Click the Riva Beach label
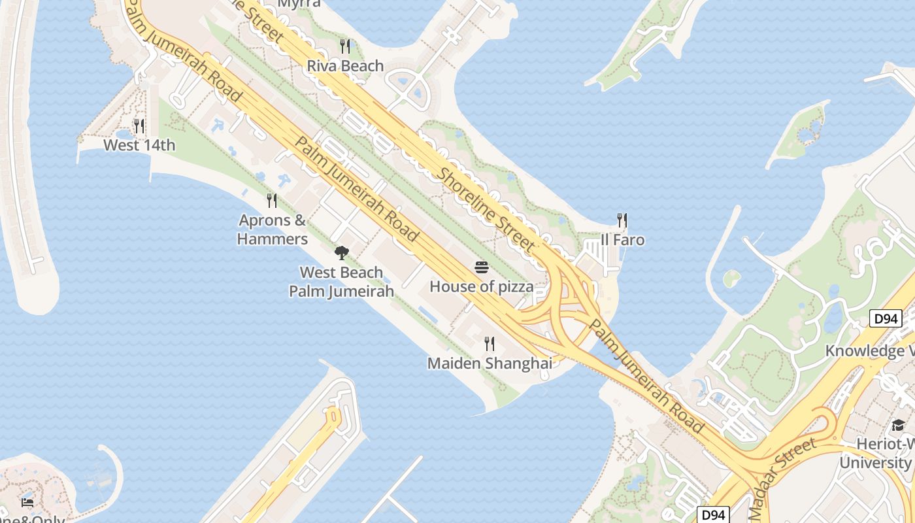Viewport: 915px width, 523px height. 345,66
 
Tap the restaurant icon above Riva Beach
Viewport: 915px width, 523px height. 345,46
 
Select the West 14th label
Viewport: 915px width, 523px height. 139,145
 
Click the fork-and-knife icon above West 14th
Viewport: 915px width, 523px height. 139,126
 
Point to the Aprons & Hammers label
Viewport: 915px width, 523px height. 273,229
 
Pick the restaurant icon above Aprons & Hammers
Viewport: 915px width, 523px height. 272,201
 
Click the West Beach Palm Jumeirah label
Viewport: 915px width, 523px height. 341,282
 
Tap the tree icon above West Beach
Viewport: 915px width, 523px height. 341,253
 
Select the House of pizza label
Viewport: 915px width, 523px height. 481,287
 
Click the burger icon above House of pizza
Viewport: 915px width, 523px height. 482,267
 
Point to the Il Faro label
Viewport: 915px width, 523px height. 622,240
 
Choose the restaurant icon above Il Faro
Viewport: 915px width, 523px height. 622,220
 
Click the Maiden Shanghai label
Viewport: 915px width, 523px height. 490,363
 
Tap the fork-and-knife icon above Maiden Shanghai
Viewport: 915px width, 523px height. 489,344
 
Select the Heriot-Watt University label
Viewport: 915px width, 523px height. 876,453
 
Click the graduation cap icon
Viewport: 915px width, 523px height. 898,426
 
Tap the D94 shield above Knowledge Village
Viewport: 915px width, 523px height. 886,319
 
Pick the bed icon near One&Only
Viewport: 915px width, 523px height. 27,502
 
